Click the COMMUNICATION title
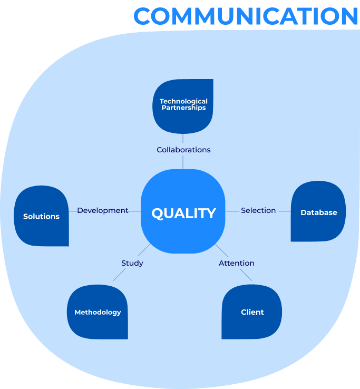pos(246,16)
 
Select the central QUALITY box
pos(183,211)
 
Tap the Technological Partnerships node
pos(183,106)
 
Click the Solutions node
pos(42,216)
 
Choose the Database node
pos(318,211)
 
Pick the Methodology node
pos(98,312)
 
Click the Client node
pos(252,312)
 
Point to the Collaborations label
pos(183,150)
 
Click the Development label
pos(103,210)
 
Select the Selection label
pos(258,210)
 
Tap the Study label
pos(132,263)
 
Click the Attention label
pos(237,263)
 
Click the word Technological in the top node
pos(183,101)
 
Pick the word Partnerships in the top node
pos(183,108)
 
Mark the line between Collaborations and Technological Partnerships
pos(183,139)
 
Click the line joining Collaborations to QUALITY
pos(183,162)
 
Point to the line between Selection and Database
pos(285,211)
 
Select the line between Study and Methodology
pos(120,275)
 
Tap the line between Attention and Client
pos(246,275)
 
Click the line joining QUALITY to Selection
pos(232,211)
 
